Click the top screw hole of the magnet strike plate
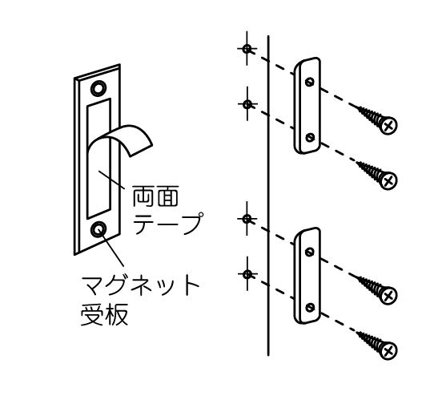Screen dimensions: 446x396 click(x=98, y=88)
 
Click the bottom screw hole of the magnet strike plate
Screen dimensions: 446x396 click(x=98, y=229)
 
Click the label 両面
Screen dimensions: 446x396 click(x=156, y=196)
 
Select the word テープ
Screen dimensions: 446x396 click(x=168, y=224)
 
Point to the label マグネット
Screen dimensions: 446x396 click(x=140, y=285)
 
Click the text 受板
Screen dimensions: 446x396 click(x=104, y=315)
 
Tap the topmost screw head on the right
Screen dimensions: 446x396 click(x=388, y=125)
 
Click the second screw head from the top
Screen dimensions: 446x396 click(x=388, y=180)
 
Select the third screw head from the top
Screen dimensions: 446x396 click(x=388, y=296)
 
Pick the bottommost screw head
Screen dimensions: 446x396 click(x=388, y=350)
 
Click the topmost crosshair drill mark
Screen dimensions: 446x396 click(x=247, y=49)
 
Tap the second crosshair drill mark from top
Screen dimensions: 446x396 click(x=247, y=104)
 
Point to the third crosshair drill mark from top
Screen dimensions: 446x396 click(x=247, y=219)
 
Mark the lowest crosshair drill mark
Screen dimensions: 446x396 click(x=247, y=274)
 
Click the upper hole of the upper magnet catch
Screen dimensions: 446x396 click(x=310, y=82)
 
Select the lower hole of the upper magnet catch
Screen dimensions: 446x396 click(x=310, y=138)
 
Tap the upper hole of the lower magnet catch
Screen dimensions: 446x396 click(x=310, y=252)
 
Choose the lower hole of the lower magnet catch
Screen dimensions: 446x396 click(x=310, y=308)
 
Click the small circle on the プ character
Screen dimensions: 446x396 click(x=201, y=215)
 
